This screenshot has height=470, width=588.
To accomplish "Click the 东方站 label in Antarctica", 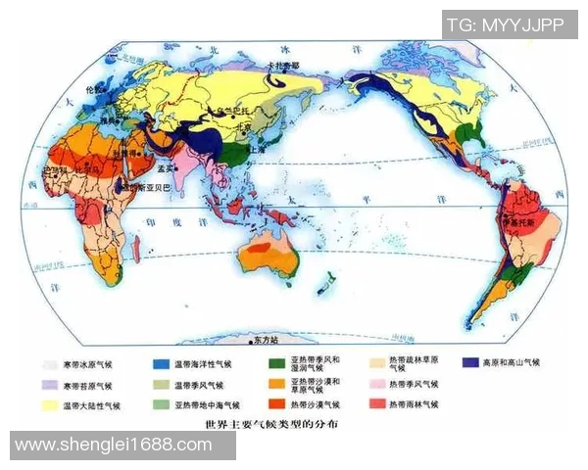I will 266,339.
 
